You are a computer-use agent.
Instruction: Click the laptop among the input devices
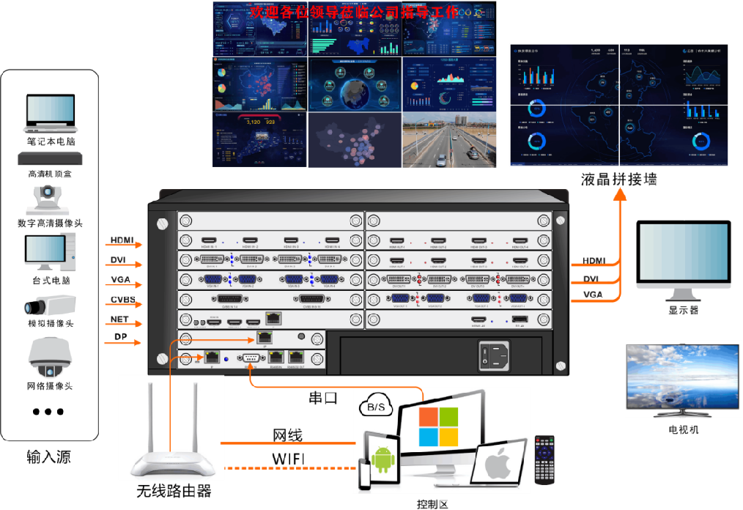point(50,114)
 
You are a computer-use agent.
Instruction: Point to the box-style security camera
point(49,305)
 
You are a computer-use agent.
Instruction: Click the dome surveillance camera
point(50,358)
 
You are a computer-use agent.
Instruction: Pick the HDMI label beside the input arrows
point(122,240)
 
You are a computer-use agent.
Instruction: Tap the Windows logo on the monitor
point(438,426)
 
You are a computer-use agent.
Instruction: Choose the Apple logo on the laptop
point(498,464)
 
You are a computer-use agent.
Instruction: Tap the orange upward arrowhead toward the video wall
point(620,193)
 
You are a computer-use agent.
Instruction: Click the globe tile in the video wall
point(355,84)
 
